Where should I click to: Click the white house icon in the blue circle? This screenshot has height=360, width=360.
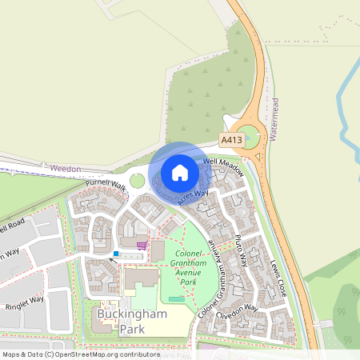(179, 173)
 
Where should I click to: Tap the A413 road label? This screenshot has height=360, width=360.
(232, 140)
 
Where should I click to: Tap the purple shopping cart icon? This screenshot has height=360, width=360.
(142, 246)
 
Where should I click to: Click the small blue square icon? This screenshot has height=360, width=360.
(116, 254)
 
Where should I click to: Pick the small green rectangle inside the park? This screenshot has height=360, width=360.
(176, 299)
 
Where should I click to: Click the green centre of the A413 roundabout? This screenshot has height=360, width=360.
(248, 137)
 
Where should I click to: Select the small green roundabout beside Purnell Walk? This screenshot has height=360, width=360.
(138, 181)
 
